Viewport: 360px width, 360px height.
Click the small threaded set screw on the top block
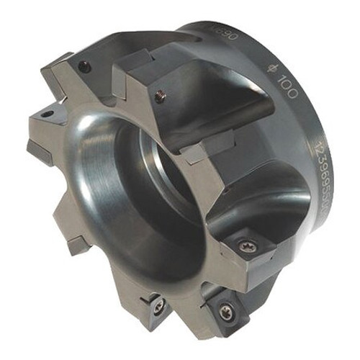160,94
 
